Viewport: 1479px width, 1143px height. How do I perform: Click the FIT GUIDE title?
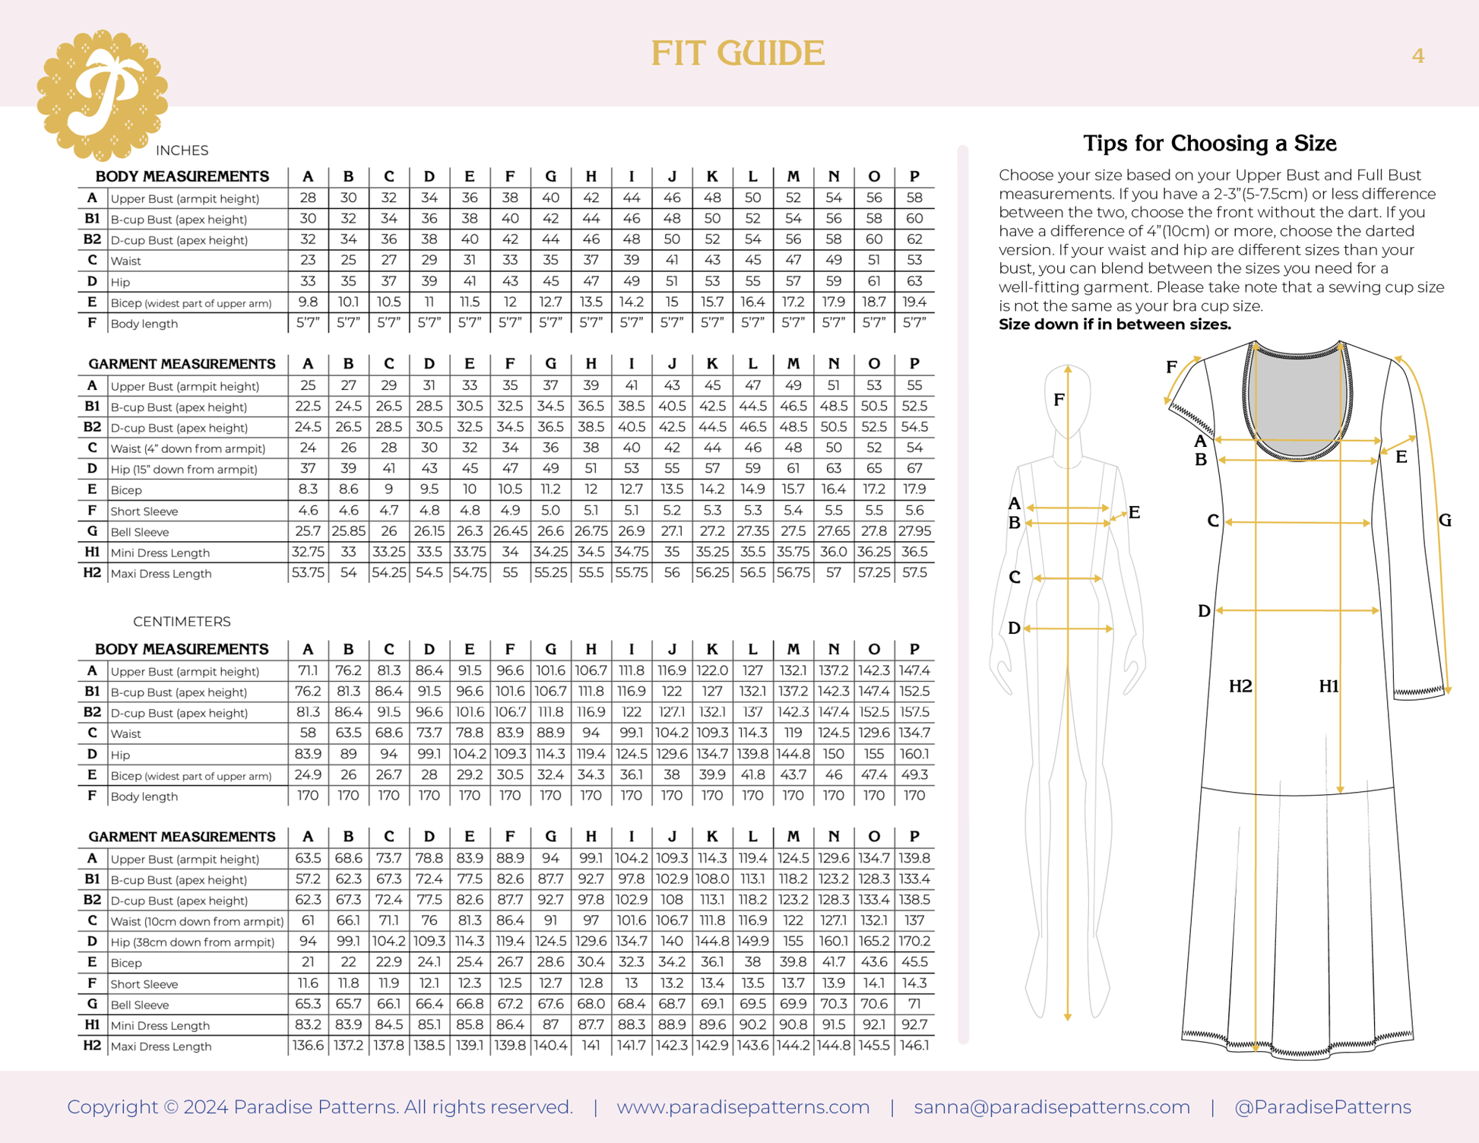coord(737,53)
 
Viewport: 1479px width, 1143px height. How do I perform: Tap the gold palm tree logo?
coord(103,95)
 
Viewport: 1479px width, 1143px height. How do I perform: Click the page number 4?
coord(1417,56)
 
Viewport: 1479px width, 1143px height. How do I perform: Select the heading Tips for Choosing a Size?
coord(1209,143)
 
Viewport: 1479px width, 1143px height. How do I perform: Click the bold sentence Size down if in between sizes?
coord(1114,325)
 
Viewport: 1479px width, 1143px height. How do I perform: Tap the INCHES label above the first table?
coord(182,150)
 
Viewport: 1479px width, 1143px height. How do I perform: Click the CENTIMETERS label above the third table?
coord(182,622)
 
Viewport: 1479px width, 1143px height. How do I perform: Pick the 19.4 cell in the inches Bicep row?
coord(914,302)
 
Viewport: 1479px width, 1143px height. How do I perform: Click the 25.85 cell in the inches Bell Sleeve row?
coord(348,531)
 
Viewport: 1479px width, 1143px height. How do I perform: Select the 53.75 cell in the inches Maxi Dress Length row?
coord(308,573)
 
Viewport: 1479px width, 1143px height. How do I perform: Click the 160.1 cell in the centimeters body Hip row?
coord(914,754)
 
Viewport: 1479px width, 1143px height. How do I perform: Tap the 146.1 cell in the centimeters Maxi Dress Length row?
coord(914,1046)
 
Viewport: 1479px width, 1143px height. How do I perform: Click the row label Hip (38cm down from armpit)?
coord(192,942)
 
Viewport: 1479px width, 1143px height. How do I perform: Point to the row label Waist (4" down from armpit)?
coord(188,448)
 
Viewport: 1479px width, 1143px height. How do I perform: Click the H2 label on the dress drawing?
coord(1240,686)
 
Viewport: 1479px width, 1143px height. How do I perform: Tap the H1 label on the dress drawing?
coord(1329,686)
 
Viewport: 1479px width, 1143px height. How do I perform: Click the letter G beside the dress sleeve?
coord(1445,521)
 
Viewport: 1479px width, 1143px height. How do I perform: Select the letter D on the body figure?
coord(1014,628)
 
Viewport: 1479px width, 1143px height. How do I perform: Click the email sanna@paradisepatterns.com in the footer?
coord(1052,1107)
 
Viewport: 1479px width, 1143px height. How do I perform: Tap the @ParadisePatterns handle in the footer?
coord(1322,1107)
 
